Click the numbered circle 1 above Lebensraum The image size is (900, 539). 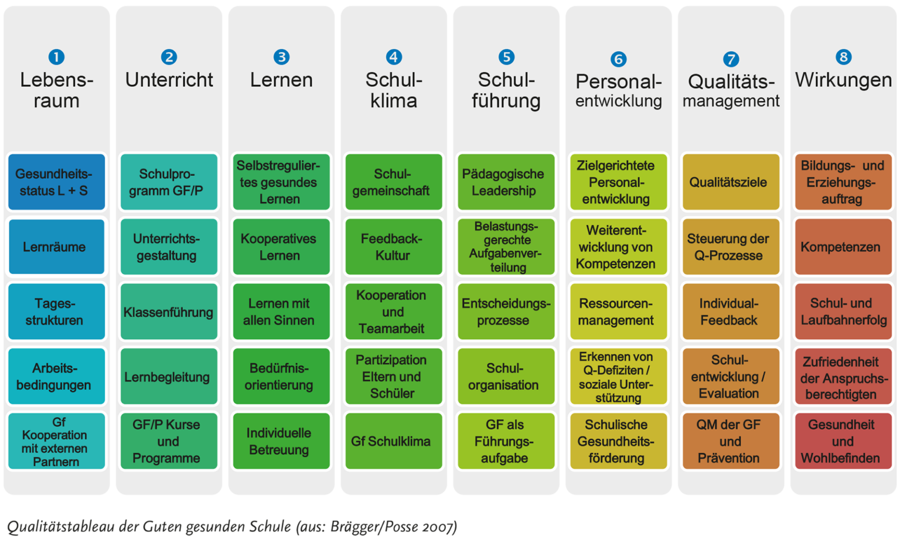[56, 57]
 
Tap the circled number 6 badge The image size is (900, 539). [618, 59]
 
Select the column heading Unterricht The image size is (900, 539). [169, 80]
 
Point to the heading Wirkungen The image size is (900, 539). [843, 80]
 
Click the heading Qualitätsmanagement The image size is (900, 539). [731, 91]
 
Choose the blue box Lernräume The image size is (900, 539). [56, 247]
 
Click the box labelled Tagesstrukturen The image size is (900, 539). [56, 311]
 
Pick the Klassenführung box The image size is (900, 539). [169, 311]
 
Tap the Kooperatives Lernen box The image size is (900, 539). [281, 247]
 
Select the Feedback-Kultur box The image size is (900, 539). [393, 247]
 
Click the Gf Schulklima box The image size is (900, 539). [393, 441]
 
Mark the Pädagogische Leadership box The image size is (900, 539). [506, 182]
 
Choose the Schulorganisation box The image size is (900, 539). [506, 377]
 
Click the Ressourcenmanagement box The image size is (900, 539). [618, 311]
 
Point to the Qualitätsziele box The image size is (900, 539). [731, 182]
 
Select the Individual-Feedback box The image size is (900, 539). [731, 311]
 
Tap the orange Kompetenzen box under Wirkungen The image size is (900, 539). [843, 247]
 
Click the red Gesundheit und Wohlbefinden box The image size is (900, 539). [843, 441]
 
